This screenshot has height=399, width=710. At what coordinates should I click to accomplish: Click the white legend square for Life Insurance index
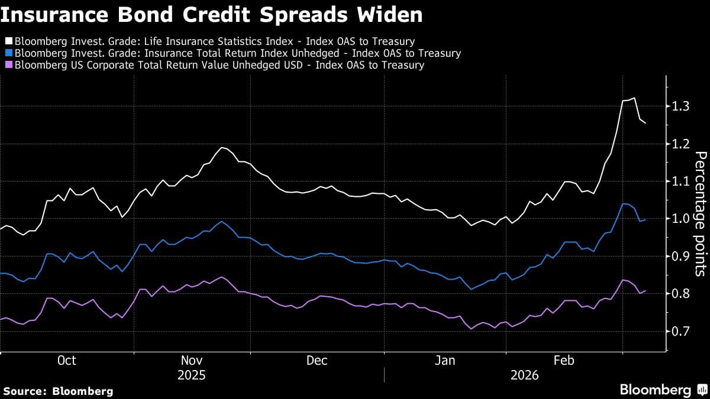point(8,41)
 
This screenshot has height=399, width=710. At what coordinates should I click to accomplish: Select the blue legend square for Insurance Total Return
point(8,53)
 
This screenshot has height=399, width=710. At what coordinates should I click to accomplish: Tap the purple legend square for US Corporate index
point(8,65)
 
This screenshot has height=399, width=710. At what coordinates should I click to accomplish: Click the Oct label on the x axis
point(66,361)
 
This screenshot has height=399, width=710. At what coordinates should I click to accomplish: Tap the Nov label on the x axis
point(192,361)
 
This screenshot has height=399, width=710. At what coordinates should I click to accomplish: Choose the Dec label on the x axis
point(317,361)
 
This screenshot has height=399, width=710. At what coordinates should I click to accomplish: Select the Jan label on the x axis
point(445,361)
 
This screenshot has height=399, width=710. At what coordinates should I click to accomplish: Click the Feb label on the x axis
point(563,361)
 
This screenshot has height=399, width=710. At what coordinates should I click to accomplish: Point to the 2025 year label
point(192,375)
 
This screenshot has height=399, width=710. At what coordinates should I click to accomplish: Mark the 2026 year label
point(524,375)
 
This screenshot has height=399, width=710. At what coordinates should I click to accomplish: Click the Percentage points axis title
point(700,213)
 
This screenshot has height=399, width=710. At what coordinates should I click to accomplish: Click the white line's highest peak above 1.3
point(634,98)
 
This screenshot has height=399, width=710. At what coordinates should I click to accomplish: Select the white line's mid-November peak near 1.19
point(222,147)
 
